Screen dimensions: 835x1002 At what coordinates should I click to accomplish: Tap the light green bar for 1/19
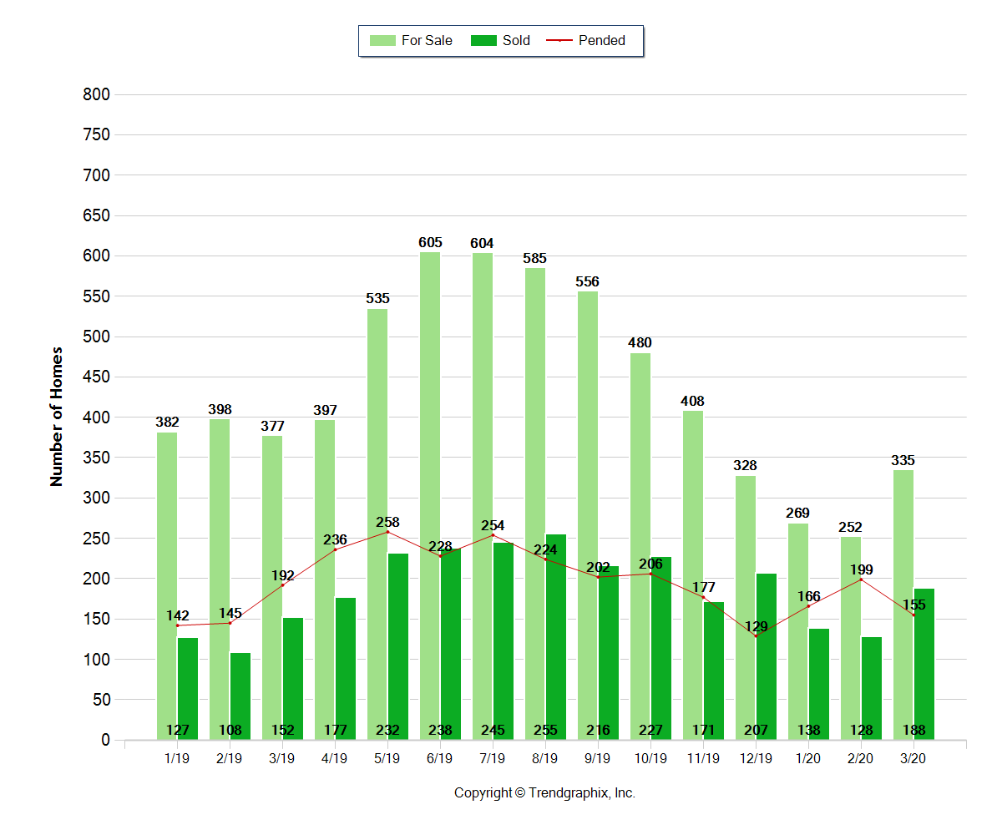coord(167,585)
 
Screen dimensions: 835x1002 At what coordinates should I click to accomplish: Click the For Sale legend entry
coord(412,40)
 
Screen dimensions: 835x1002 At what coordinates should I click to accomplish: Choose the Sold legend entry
coord(501,40)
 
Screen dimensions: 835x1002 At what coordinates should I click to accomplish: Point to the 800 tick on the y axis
coord(97,95)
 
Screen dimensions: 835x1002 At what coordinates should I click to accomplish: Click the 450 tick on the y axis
coord(97,377)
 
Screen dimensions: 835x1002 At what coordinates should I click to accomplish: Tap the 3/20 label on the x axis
coord(913,759)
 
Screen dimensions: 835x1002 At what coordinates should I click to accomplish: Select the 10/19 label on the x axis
coord(650,759)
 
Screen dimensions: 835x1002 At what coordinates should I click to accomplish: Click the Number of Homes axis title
coord(57,416)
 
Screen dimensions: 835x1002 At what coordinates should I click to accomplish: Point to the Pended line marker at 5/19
coord(387,532)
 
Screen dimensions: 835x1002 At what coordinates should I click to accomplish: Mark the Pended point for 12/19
coord(756,636)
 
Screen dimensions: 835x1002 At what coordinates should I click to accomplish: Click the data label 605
coord(430,243)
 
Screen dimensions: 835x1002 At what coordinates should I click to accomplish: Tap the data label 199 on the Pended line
coord(861,570)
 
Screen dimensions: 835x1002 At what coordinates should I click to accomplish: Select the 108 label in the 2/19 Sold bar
coord(230,731)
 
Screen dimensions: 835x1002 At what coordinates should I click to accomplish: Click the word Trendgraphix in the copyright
coord(569,793)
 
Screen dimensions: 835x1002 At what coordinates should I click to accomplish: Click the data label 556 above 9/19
coord(587,282)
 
